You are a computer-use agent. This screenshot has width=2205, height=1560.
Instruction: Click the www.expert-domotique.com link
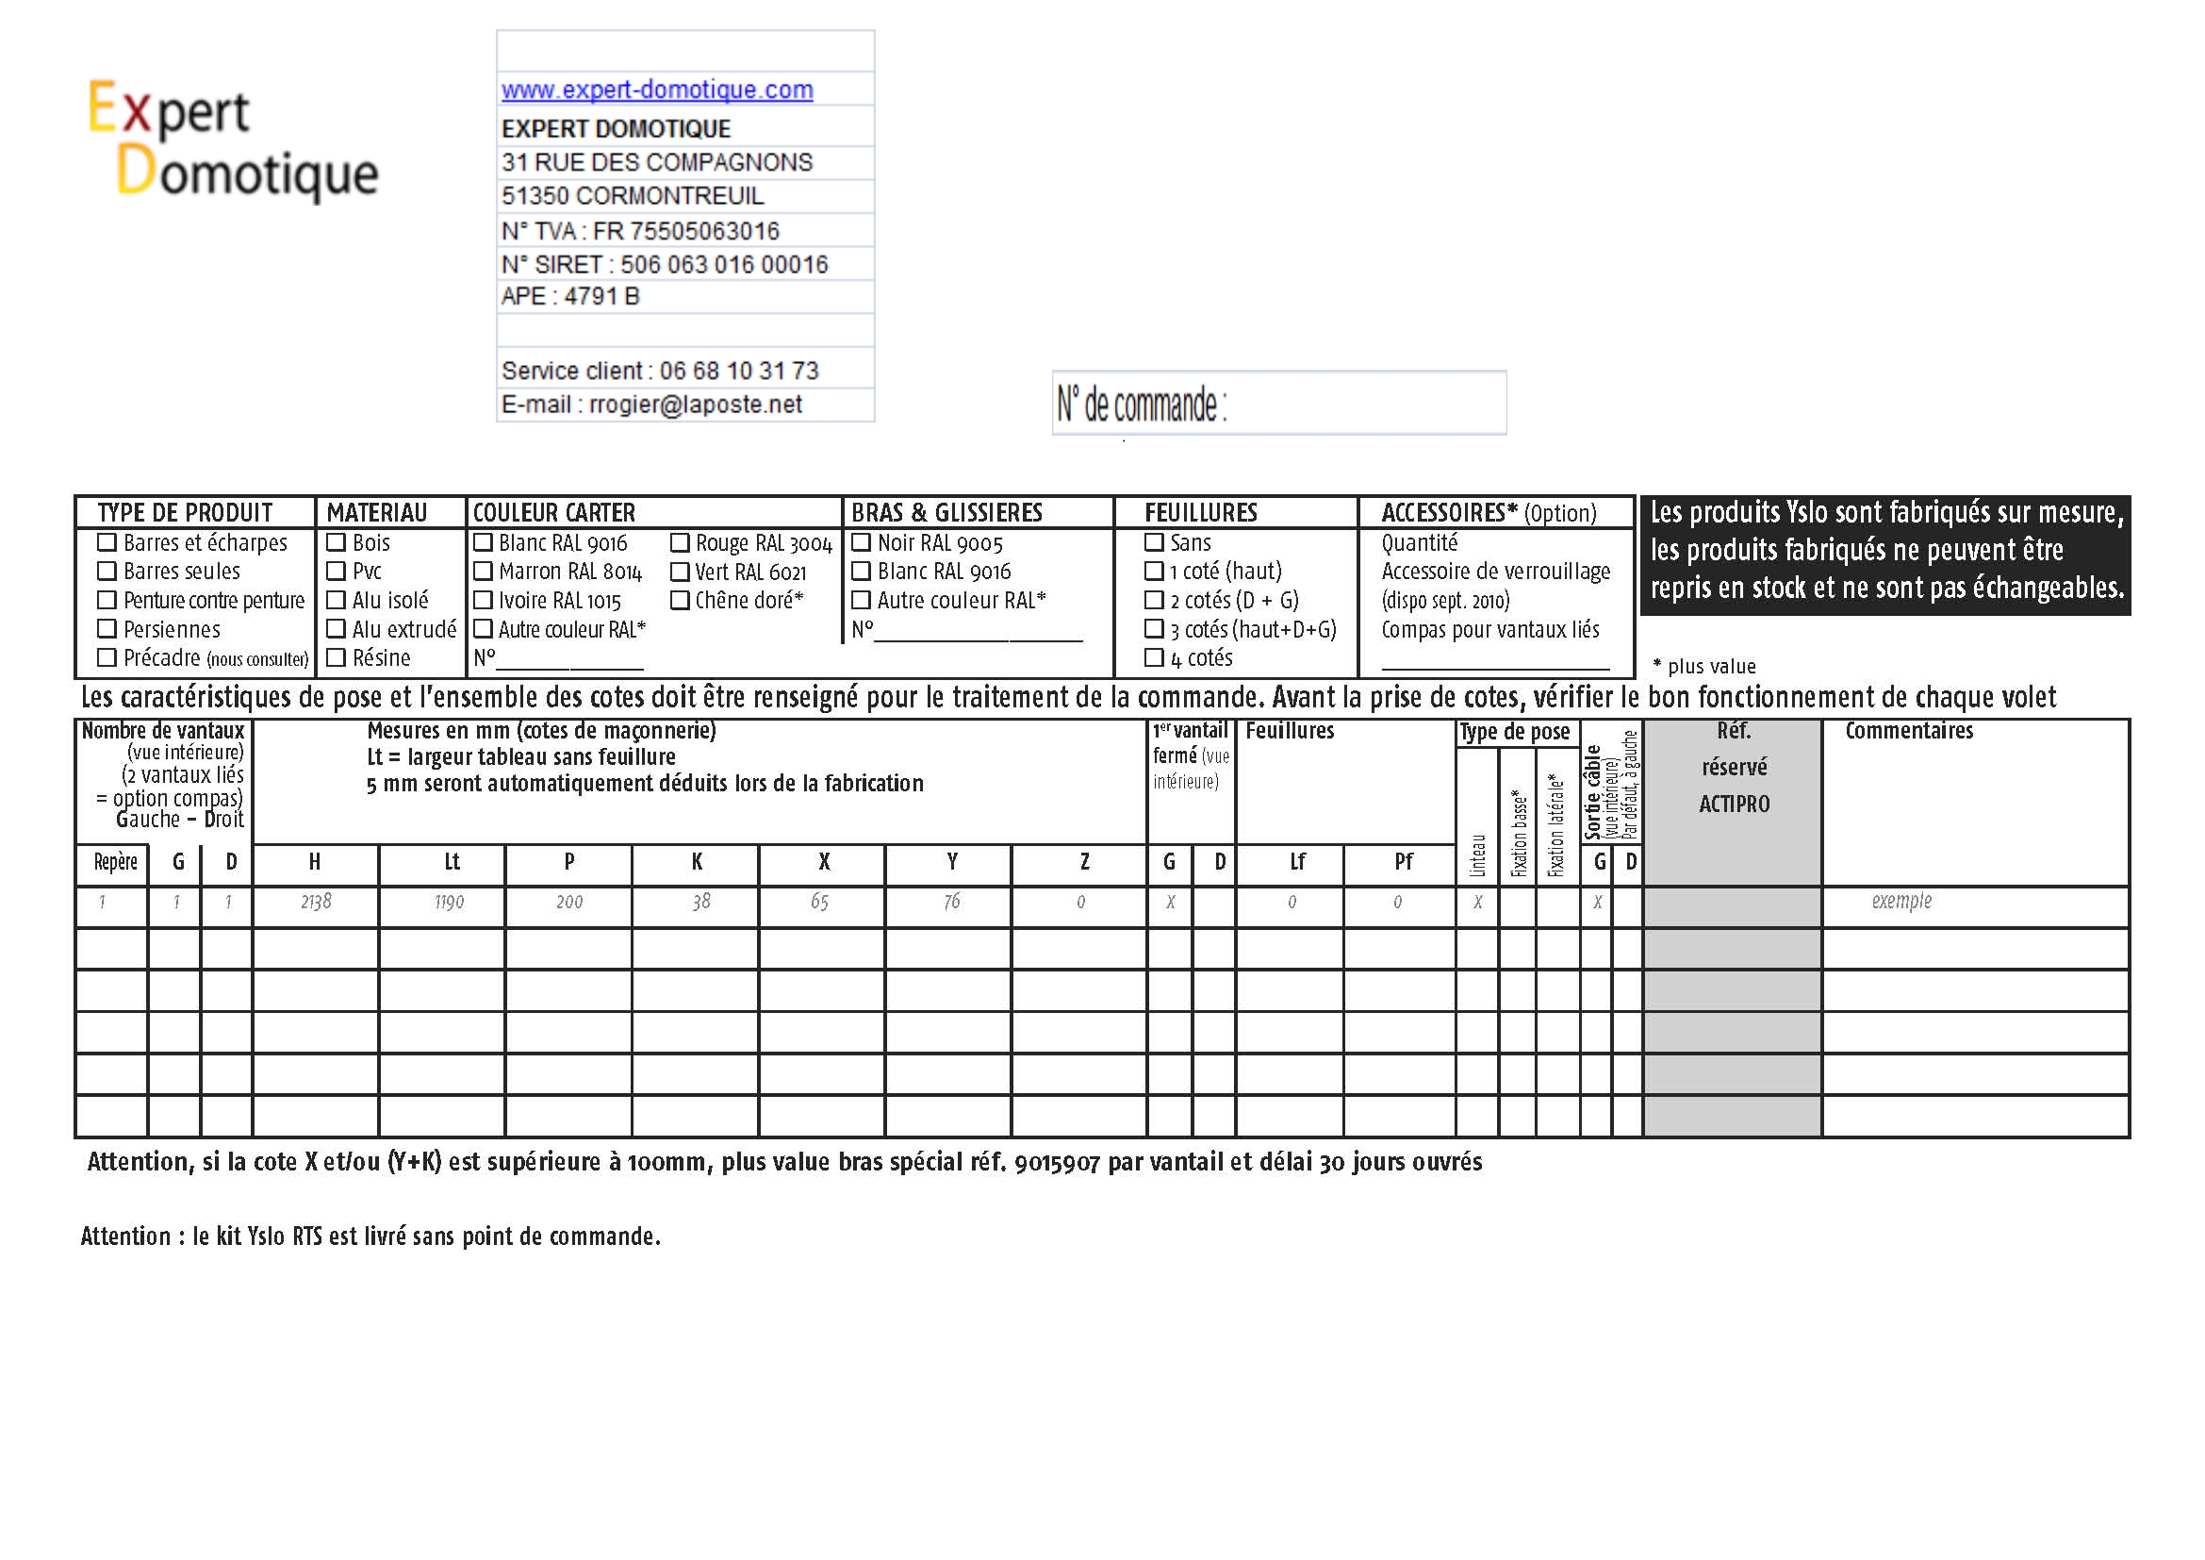pos(657,90)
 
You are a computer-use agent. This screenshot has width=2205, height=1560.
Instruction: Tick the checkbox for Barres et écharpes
pos(107,542)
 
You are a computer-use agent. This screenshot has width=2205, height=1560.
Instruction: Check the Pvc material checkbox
pos(337,572)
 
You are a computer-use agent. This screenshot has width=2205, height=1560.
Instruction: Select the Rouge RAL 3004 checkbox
pos(680,543)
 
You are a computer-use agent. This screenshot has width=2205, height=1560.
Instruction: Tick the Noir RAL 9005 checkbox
pos(862,542)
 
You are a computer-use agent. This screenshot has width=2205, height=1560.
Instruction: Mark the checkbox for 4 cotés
pos(1155,658)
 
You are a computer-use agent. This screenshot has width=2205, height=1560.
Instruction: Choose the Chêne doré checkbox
pos(680,601)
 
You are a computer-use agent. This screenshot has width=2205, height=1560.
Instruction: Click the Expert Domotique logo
pos(234,140)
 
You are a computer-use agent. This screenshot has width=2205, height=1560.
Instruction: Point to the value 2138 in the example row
pos(316,902)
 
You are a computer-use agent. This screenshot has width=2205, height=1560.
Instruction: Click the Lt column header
pos(452,862)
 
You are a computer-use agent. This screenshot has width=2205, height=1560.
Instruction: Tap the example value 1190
pos(450,902)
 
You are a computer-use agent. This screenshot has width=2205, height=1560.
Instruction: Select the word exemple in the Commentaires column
pos(1901,901)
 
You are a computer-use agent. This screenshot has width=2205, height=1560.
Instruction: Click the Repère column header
pos(115,862)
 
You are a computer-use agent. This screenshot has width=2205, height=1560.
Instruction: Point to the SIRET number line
pos(665,264)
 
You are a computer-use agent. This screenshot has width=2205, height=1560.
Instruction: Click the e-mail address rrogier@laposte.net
pos(696,405)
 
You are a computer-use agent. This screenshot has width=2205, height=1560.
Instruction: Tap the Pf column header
pos(1403,862)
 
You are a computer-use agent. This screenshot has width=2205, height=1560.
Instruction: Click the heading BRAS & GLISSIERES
pos(946,513)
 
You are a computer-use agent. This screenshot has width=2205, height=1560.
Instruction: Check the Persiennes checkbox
pos(107,629)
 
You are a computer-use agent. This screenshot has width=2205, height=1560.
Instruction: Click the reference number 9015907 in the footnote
pos(1057,1162)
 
